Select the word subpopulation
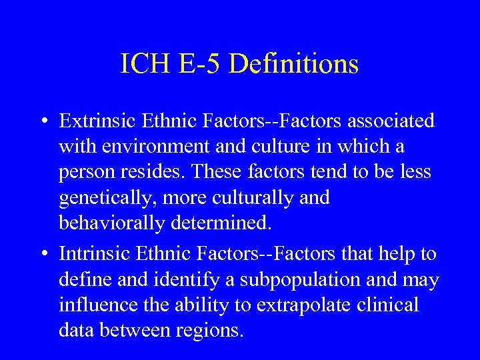coord(301,279)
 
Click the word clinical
coord(388,305)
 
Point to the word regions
coord(206,331)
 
